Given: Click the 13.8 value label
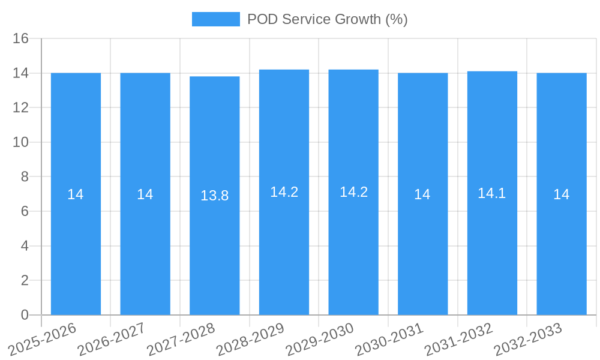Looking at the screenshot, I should pyautogui.click(x=214, y=196).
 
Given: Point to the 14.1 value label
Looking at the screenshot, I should pyautogui.click(x=492, y=193).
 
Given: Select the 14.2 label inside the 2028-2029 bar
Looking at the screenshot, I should pyautogui.click(x=284, y=192).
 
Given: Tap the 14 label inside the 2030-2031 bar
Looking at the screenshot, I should pyautogui.click(x=422, y=194).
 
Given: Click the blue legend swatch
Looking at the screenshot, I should pyautogui.click(x=215, y=19).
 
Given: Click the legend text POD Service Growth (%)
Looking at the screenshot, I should pyautogui.click(x=327, y=19).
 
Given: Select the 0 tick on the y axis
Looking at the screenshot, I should pyautogui.click(x=25, y=315).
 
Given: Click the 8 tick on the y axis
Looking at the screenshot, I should pyautogui.click(x=25, y=177).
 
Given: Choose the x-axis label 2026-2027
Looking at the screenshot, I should pyautogui.click(x=112, y=339).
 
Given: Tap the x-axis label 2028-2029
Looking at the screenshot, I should pyautogui.click(x=250, y=339).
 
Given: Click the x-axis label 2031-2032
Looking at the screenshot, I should pyautogui.click(x=458, y=339).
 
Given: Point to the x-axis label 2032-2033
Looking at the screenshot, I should pyautogui.click(x=528, y=339).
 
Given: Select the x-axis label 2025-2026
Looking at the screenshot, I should pyautogui.click(x=43, y=339).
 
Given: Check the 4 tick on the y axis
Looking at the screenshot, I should pyautogui.click(x=25, y=246).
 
